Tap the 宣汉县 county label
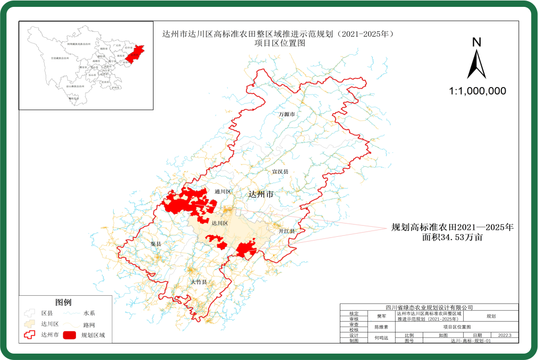tap(280, 172)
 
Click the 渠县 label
tap(156, 244)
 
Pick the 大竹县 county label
tap(199, 282)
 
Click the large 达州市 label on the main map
tap(261, 195)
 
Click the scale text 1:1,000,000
tap(477, 91)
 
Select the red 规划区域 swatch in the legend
tap(69, 335)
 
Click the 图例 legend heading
tap(63, 303)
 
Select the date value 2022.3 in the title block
tap(504, 335)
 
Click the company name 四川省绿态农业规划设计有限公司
tap(429, 307)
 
